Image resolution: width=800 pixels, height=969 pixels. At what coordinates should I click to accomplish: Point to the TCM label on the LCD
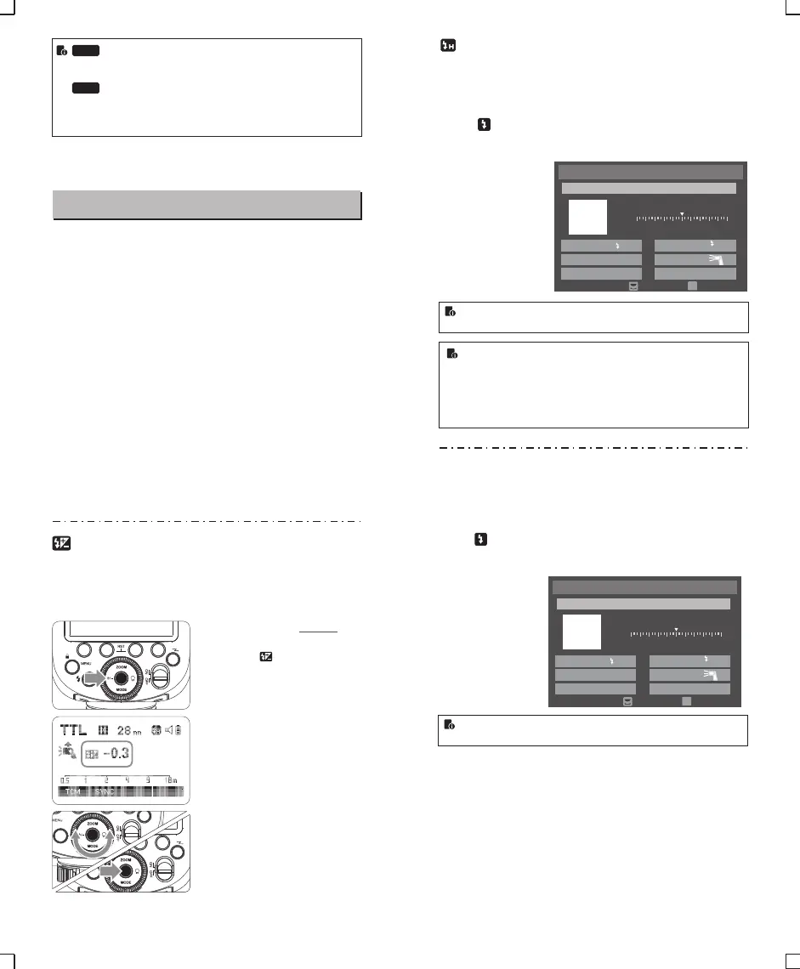point(73,792)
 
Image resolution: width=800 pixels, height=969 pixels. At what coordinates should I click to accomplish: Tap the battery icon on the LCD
point(177,729)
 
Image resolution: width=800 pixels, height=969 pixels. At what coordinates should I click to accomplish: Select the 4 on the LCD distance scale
point(127,780)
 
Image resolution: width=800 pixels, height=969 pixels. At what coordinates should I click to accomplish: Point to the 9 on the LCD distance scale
point(148,780)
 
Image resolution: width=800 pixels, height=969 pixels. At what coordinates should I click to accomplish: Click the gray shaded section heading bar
point(207,205)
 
